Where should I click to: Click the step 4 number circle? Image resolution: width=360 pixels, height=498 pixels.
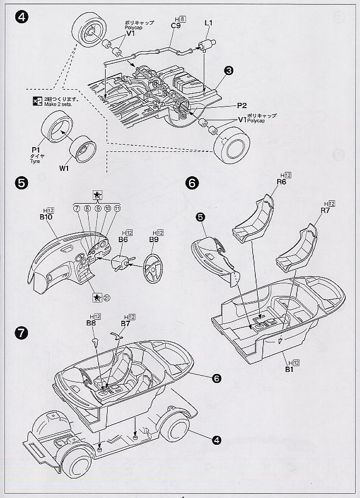(22, 17)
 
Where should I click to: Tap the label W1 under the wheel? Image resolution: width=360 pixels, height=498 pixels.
(64, 169)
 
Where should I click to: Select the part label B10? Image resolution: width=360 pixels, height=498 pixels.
(46, 216)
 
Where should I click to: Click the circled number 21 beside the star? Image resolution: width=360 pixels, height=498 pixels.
(107, 296)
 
